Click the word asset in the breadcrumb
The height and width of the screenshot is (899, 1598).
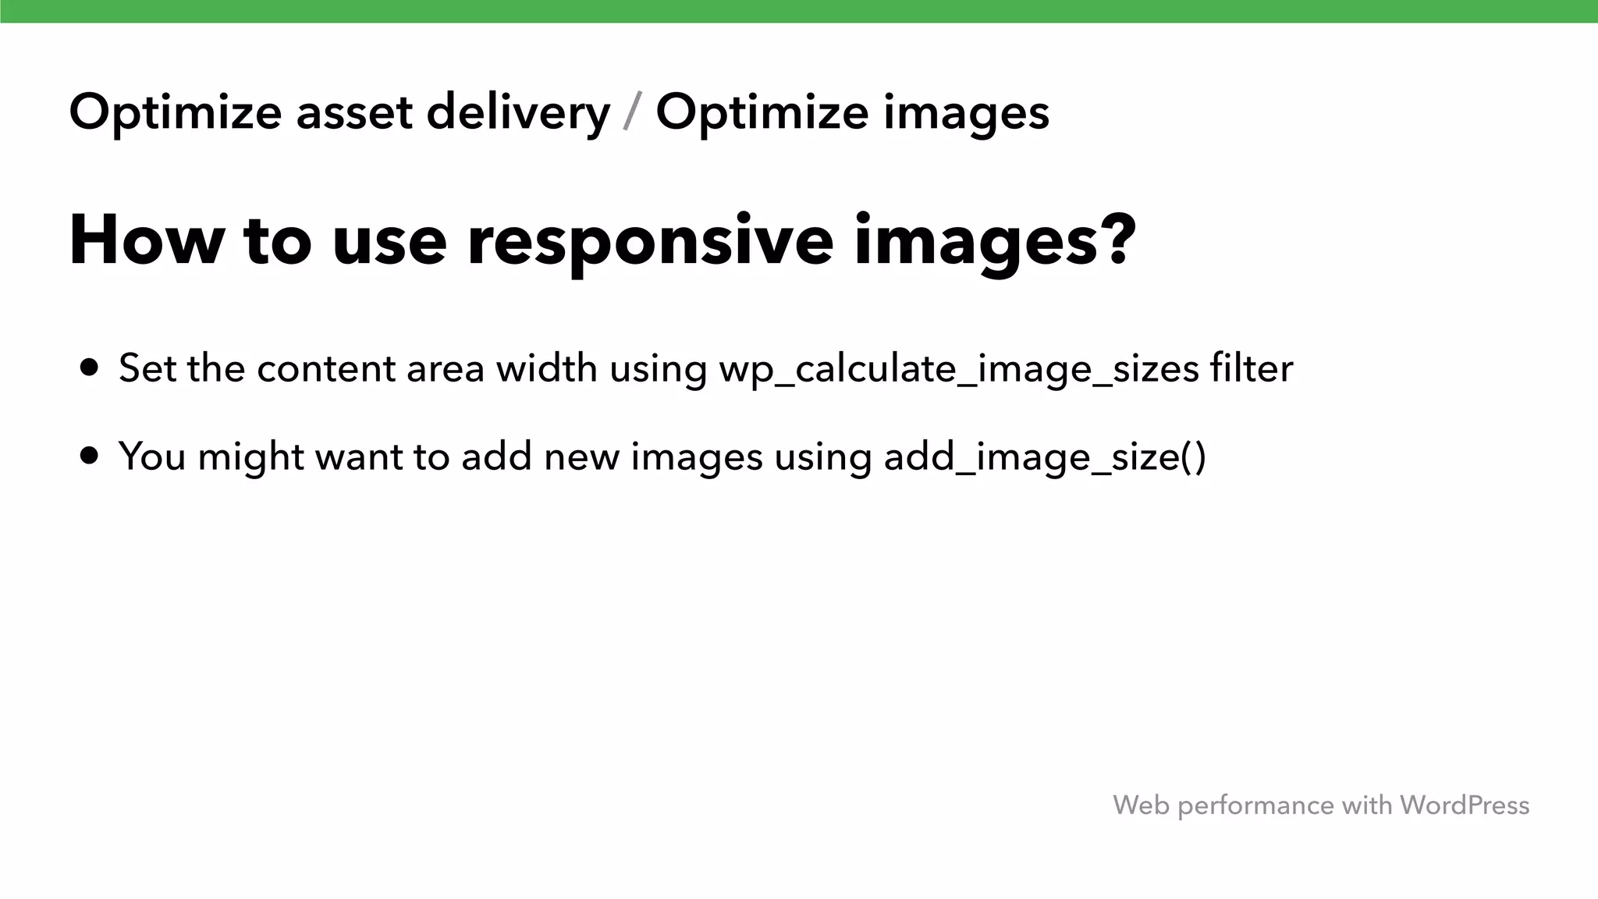click(x=354, y=112)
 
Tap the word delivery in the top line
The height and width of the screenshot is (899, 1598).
click(x=518, y=114)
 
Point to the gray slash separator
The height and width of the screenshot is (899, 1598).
click(x=633, y=112)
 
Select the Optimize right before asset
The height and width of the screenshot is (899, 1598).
click(x=175, y=114)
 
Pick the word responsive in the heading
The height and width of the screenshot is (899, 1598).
click(x=651, y=242)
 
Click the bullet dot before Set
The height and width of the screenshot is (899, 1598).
click(x=90, y=368)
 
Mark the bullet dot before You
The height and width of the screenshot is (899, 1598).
click(x=90, y=456)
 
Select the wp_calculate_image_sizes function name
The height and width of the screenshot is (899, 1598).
click(x=958, y=369)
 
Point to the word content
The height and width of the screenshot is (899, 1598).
click(x=326, y=369)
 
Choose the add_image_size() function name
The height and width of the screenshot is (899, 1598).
click(x=1045, y=457)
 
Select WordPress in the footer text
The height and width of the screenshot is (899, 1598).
click(x=1464, y=805)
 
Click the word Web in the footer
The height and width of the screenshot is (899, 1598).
click(x=1141, y=805)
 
